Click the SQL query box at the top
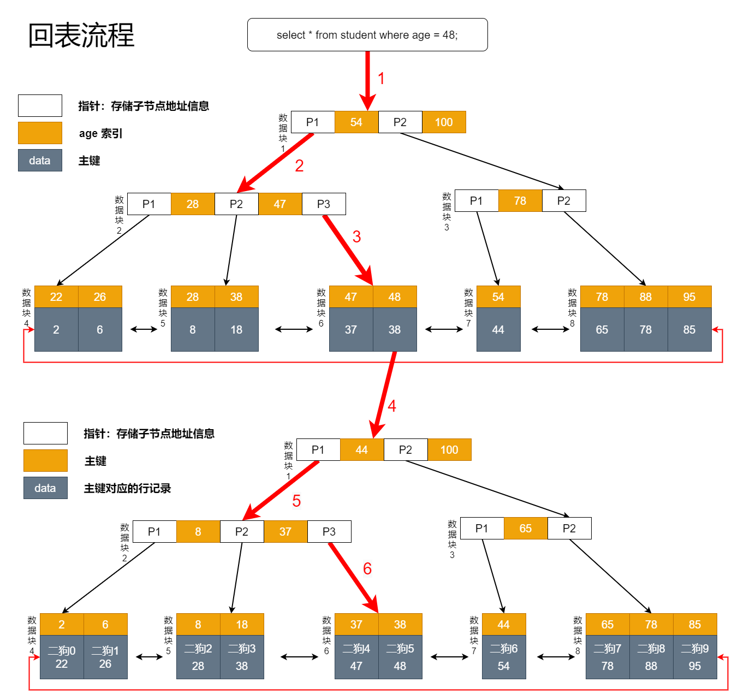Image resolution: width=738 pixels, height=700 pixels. [x=367, y=35]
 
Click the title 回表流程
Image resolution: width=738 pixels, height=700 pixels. [x=81, y=35]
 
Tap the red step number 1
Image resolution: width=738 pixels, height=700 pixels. [x=381, y=79]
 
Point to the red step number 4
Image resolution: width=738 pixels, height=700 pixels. [x=391, y=406]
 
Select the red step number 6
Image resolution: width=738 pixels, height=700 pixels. [x=367, y=569]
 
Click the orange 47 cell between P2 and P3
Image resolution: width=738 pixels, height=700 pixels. [x=279, y=204]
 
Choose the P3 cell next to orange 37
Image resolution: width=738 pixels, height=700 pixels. [x=329, y=532]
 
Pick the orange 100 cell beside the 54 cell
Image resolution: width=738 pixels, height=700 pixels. [x=443, y=122]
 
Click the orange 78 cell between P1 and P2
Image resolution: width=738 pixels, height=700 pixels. [x=520, y=201]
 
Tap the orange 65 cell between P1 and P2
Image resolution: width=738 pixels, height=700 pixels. [x=525, y=529]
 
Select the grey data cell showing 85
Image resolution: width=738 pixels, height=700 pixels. [x=689, y=330]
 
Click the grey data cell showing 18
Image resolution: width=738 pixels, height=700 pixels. [x=236, y=330]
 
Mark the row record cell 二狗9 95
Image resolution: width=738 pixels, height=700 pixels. [x=694, y=657]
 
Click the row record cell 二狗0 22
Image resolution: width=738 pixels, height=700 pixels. [x=61, y=657]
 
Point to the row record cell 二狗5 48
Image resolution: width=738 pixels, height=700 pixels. [x=400, y=657]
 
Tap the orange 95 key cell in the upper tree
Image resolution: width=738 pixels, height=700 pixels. [x=689, y=297]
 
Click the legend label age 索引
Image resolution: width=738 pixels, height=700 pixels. [x=100, y=134]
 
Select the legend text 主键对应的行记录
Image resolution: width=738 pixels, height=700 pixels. [x=127, y=489]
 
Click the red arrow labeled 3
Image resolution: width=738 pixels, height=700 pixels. [x=347, y=250]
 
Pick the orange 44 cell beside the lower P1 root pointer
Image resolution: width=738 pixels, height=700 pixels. [x=361, y=450]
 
